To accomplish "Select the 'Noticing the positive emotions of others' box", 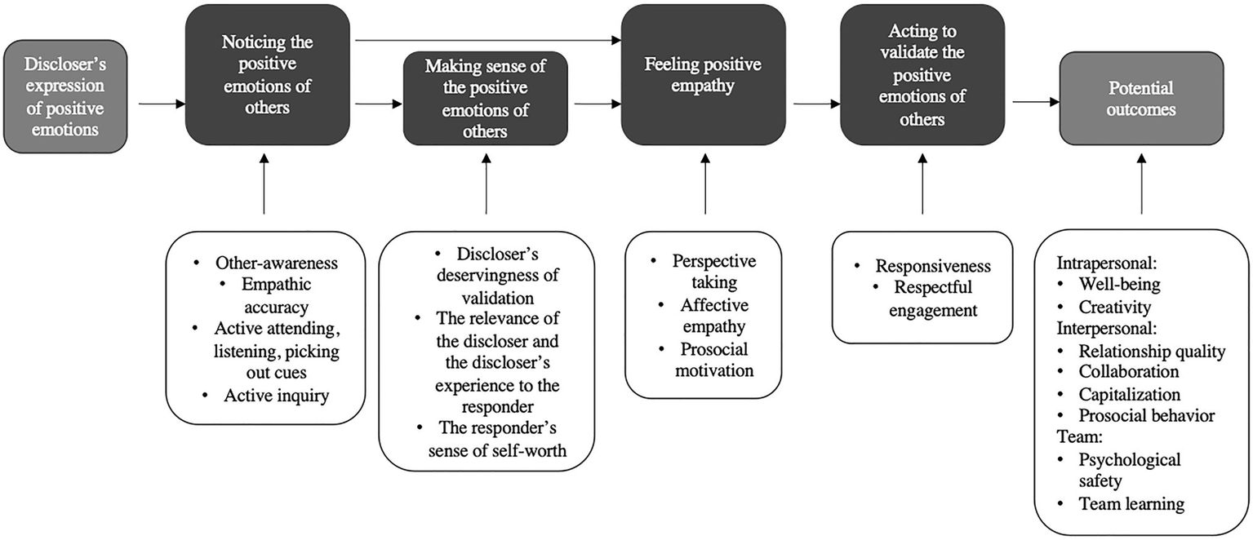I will point(268,74).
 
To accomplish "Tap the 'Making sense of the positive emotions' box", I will point(486,100).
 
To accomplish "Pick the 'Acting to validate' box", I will point(922,74).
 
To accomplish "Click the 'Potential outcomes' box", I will point(1141,99).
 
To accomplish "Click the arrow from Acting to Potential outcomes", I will point(1036,103).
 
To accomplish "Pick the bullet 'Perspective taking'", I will point(714,272).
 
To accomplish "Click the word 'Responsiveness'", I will point(932,266).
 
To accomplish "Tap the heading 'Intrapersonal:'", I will point(1103,264).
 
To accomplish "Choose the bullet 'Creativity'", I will point(1114,308).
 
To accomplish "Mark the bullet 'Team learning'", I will point(1131,503).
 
